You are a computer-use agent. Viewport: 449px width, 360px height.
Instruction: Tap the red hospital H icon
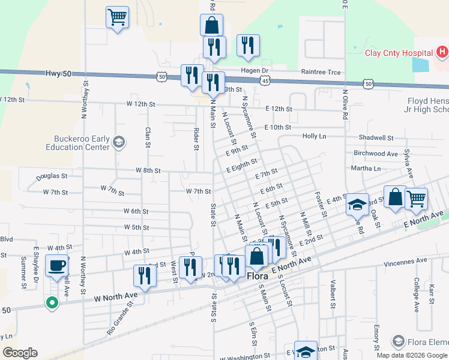pyautogui.click(x=442, y=53)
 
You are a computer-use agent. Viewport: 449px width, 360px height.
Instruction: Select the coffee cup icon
pyautogui.click(x=57, y=264)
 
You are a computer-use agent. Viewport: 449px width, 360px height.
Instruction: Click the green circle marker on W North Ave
pyautogui.click(x=52, y=303)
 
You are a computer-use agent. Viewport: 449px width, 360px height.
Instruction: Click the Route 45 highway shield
pyautogui.click(x=265, y=79)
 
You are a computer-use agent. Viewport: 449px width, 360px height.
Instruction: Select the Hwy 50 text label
pyautogui.click(x=58, y=73)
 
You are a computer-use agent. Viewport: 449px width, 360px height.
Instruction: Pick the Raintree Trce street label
pyautogui.click(x=321, y=73)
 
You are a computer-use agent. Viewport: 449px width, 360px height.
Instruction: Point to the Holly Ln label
pyautogui.click(x=314, y=136)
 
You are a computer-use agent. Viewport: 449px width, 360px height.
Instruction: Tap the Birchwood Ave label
pyautogui.click(x=376, y=154)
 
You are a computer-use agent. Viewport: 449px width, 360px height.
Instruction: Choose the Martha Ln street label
pyautogui.click(x=366, y=169)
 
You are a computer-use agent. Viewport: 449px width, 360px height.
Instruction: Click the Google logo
pyautogui.click(x=20, y=353)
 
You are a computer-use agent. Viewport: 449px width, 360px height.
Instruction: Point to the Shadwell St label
pyautogui.click(x=376, y=137)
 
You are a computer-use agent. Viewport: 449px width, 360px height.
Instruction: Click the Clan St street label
pyautogui.click(x=147, y=137)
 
